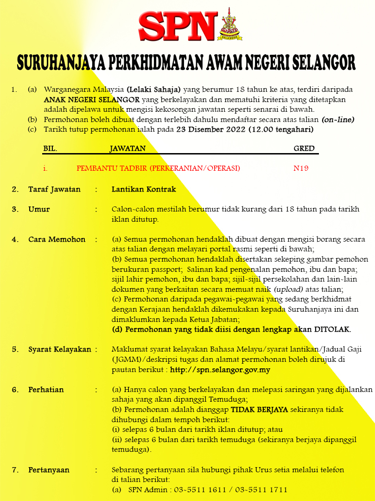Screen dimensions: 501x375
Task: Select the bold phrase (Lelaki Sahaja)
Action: coord(153,89)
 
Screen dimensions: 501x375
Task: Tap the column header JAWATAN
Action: coord(127,148)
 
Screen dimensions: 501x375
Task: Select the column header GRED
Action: coord(304,148)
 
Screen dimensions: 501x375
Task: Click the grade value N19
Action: coord(301,168)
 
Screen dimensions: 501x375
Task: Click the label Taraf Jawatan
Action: coord(54,189)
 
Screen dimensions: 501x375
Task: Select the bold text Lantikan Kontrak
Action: coord(144,189)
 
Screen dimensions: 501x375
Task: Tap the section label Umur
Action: coord(39,209)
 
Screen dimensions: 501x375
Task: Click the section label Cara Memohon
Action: coord(57,239)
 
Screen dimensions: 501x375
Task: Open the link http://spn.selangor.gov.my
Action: coord(220,370)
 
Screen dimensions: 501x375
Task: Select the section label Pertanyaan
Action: coord(49,470)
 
